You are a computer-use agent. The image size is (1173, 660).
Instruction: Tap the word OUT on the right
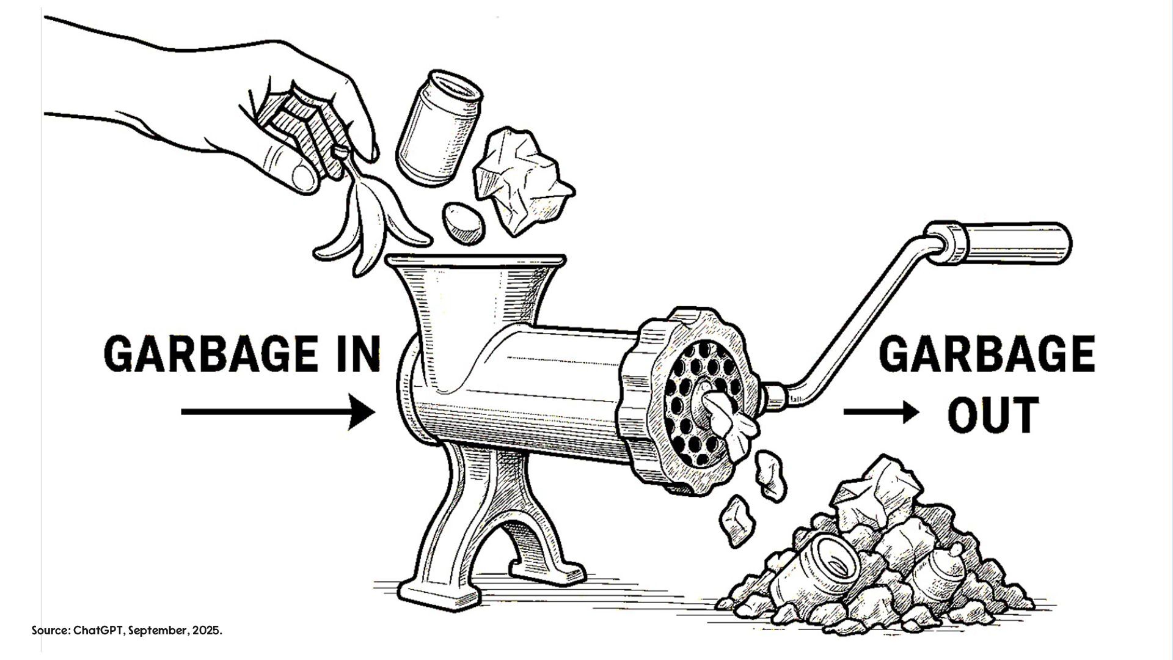coord(993,414)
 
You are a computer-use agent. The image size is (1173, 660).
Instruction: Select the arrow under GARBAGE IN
coord(278,412)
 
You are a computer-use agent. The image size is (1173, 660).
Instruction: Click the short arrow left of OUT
coord(880,412)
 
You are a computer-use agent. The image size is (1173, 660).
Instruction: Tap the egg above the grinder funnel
coord(463,224)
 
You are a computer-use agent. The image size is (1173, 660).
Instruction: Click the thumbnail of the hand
coord(303,178)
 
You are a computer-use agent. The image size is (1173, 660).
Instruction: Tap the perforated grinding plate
coord(703,403)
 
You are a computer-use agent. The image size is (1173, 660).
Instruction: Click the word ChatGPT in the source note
coord(99,631)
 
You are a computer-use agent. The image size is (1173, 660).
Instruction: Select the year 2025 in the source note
coord(208,631)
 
